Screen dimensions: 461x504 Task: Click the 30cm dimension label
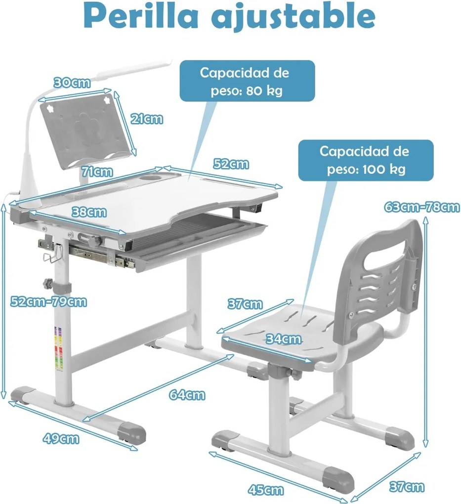(72, 83)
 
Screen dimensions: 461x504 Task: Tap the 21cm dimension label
(147, 119)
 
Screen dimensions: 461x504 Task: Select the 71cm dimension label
(97, 171)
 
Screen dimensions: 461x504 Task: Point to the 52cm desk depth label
(231, 164)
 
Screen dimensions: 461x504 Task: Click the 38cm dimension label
(89, 212)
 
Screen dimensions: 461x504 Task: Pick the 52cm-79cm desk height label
(48, 302)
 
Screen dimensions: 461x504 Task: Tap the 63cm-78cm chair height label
(422, 207)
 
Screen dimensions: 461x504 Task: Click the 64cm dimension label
(187, 395)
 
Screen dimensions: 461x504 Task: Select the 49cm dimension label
(61, 438)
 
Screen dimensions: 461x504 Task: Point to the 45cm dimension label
(265, 490)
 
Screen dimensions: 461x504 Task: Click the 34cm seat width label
(284, 339)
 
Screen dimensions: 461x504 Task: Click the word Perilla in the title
(141, 17)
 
